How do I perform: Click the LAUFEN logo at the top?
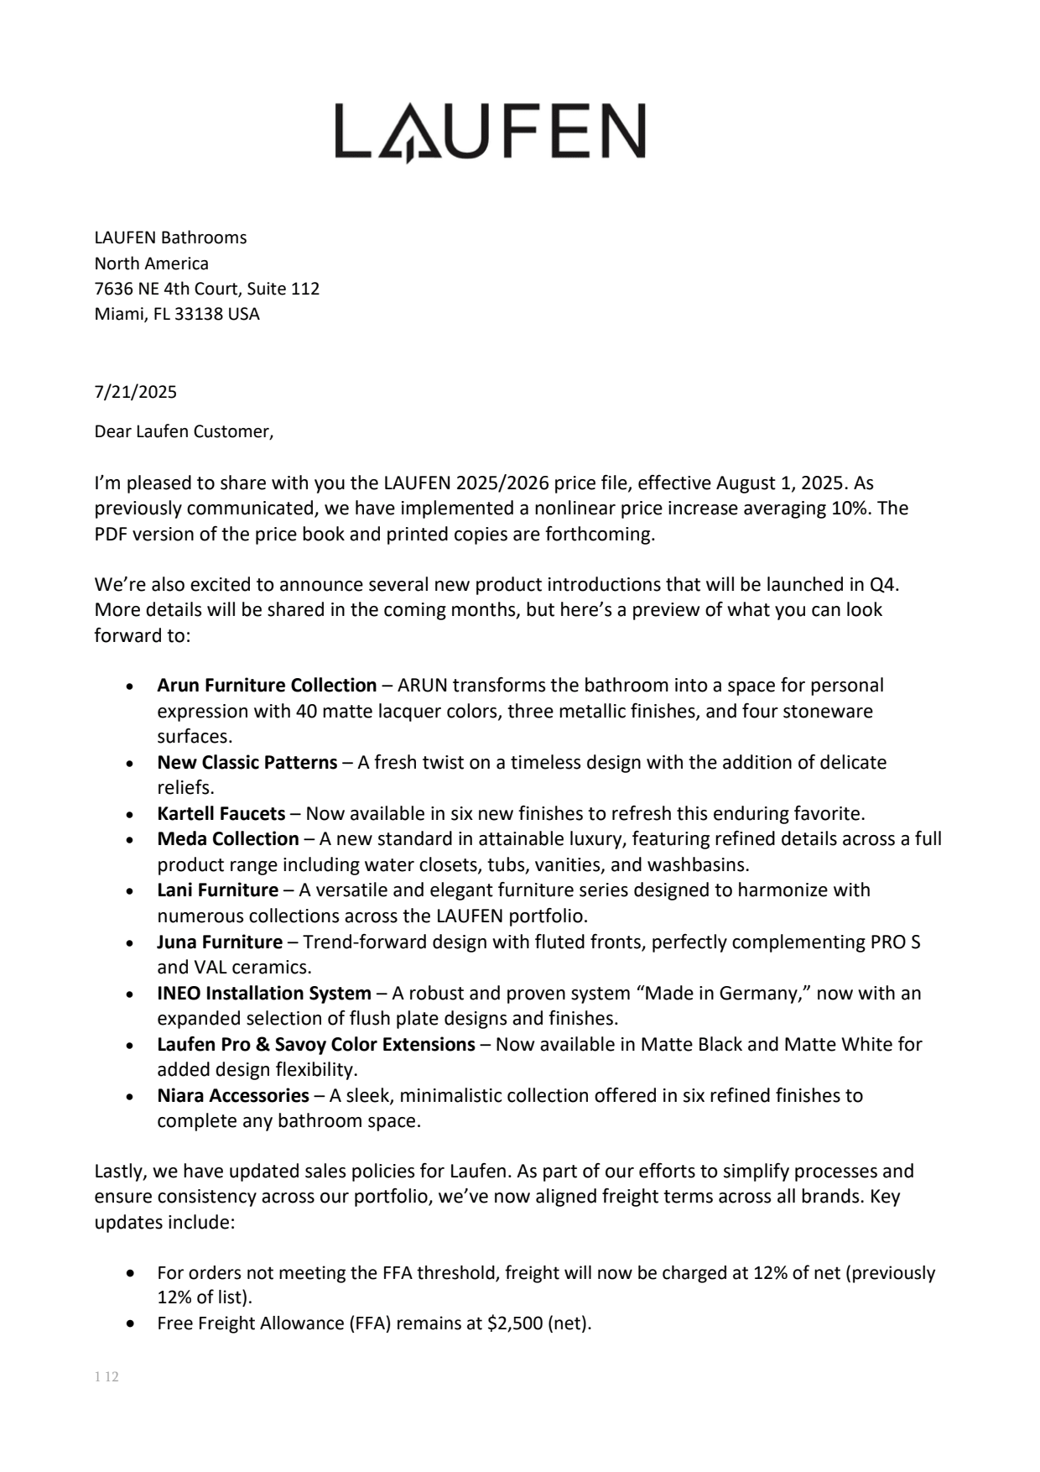[x=491, y=132]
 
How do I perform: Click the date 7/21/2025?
[x=135, y=392]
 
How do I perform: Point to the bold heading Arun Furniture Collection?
[x=267, y=685]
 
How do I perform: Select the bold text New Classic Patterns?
[x=247, y=762]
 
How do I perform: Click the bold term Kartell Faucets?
[x=221, y=813]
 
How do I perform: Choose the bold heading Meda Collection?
[x=227, y=838]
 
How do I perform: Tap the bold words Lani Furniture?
[x=217, y=890]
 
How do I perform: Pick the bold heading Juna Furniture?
[x=219, y=942]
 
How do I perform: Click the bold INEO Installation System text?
[x=263, y=993]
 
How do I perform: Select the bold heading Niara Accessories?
[x=232, y=1095]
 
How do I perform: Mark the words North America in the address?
[x=151, y=264]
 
